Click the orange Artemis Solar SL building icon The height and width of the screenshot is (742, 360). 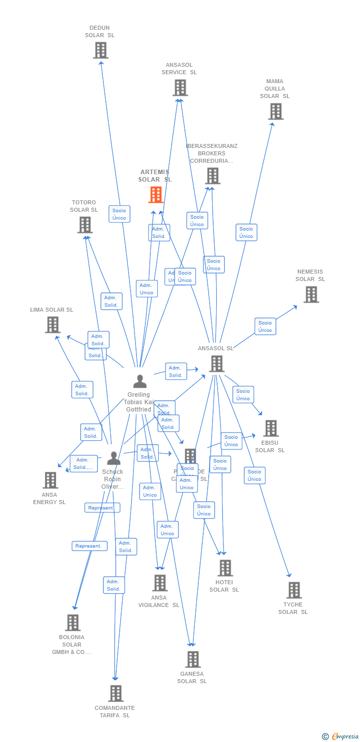coord(156,194)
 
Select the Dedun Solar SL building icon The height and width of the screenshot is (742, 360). coord(100,50)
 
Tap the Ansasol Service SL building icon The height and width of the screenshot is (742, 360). coord(180,88)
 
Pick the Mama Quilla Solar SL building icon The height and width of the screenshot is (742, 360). coord(275,111)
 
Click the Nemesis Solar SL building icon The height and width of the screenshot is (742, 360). coord(311,294)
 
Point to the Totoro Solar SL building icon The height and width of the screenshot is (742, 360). coord(85,225)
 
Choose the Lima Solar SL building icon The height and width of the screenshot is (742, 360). coord(52,325)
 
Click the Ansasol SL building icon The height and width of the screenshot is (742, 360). coord(216,364)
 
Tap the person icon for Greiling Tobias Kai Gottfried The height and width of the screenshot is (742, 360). coord(140,381)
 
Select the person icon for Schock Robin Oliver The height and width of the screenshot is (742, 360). coord(114,458)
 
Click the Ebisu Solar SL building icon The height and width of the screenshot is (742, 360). coord(270,428)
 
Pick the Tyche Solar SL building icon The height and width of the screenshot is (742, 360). coord(294,590)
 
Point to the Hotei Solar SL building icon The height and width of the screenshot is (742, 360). coord(225,568)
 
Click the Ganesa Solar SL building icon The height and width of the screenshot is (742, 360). coord(192,659)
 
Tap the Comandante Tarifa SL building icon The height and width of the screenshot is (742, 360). coord(115,693)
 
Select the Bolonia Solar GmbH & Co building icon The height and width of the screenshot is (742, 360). coord(73,622)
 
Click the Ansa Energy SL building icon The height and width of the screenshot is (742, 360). coord(50,480)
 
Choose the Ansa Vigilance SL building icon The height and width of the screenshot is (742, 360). coord(160,583)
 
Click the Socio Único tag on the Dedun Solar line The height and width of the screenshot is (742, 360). coord(119,214)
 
